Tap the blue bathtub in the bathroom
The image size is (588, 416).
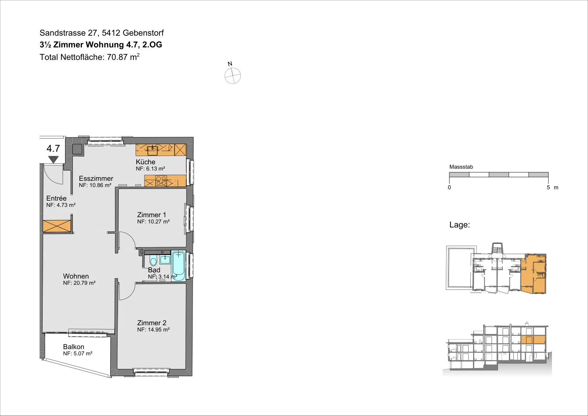point(179,266)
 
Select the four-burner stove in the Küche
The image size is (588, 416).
point(161,181)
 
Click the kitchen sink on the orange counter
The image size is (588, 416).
point(152,151)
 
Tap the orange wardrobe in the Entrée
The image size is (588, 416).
point(57,226)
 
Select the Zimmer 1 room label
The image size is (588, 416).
point(151,215)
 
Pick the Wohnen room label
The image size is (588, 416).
point(76,276)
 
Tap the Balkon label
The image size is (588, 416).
point(73,347)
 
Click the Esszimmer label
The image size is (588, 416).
point(96,179)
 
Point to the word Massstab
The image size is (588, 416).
point(461,167)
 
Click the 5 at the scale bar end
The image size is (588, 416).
point(548,187)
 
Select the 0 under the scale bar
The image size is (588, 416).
point(449,187)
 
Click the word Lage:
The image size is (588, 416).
point(460,225)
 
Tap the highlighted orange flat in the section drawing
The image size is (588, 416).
point(533,340)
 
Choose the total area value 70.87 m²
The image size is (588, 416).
point(123,57)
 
